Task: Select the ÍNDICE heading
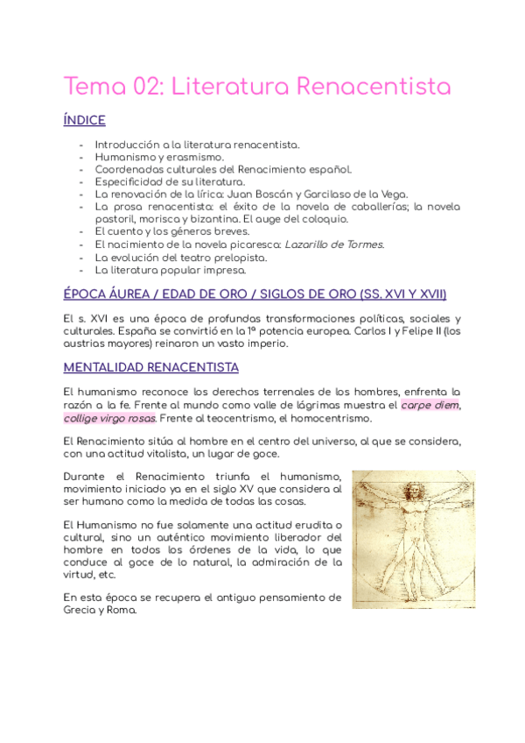[85, 120]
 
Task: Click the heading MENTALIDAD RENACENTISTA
[150, 367]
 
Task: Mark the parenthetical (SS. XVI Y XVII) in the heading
[396, 294]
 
